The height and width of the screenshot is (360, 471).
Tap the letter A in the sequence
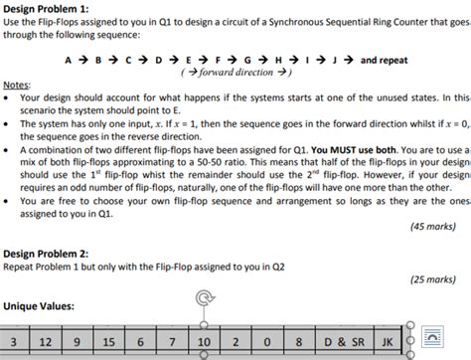pos(69,60)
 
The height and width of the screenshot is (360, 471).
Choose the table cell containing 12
pos(46,341)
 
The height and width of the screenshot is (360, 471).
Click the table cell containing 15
pos(109,341)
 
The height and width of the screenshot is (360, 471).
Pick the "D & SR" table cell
pos(340,341)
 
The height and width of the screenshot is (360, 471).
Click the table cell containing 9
pos(78,341)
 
